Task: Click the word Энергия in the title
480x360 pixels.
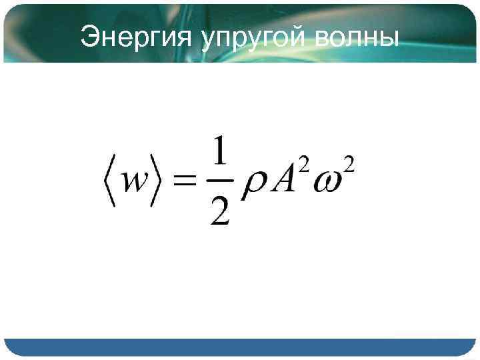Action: click(x=135, y=39)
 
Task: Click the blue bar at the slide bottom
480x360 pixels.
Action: click(x=240, y=347)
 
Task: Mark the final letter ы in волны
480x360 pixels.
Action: click(x=390, y=39)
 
